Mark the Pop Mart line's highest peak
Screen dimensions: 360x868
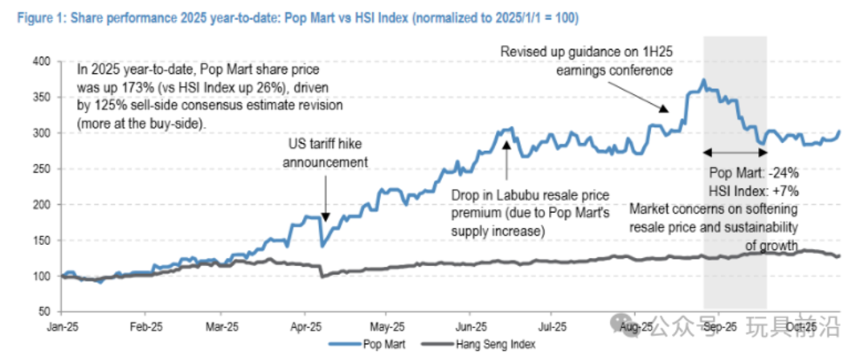pyautogui.click(x=704, y=80)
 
